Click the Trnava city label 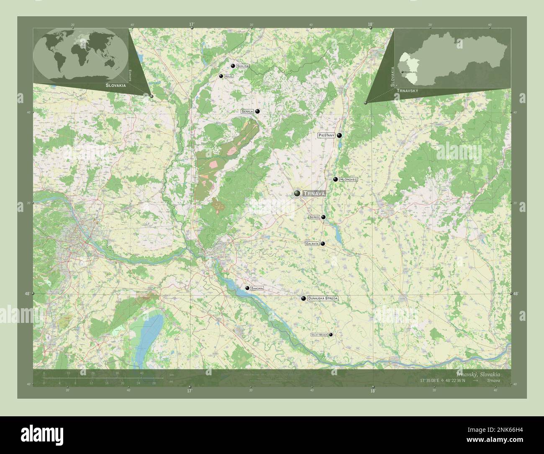click(313, 193)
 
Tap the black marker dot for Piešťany click(339, 135)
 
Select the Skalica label click(243, 66)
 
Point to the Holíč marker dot click(221, 76)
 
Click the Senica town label click(247, 112)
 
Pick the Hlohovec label click(349, 179)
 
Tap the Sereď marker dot click(323, 217)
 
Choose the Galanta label click(312, 243)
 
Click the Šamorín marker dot click(247, 288)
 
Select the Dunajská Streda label click(322, 299)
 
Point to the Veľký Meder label click(319, 335)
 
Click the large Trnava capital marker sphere click(297, 193)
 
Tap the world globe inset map click(80, 55)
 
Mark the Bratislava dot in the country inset click(402, 72)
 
